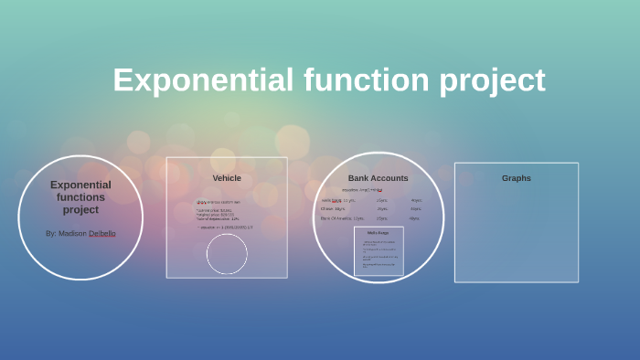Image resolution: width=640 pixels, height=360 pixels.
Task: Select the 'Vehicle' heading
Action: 227,178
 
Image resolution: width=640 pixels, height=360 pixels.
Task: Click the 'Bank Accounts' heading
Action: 378,178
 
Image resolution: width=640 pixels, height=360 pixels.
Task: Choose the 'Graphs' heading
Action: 516,178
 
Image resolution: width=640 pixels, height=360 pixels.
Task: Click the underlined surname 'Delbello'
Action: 102,233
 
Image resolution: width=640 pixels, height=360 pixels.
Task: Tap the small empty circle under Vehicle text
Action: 227,254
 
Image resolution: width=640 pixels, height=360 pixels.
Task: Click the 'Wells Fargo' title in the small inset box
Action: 379,233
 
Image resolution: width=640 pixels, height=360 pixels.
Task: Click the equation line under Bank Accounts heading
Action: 362,190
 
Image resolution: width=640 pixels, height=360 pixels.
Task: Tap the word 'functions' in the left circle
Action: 80,197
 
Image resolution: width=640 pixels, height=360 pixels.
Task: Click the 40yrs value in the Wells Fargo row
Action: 416,200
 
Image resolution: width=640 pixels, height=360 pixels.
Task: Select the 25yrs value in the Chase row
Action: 382,209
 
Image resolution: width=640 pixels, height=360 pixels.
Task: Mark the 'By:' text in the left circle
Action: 51,233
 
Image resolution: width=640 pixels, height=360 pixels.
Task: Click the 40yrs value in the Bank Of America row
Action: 414,218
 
